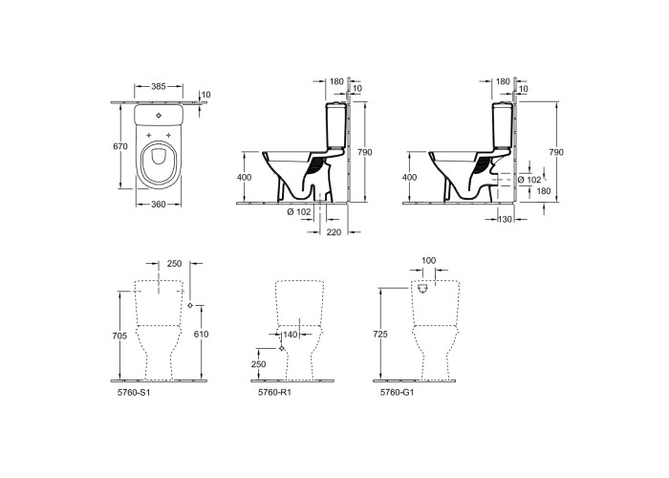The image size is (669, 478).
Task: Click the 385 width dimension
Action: [159, 86]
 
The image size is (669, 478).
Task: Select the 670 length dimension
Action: [120, 146]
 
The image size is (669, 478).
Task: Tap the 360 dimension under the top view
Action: [159, 205]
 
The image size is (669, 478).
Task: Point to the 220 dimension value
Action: [334, 232]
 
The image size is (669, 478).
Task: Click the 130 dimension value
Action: [506, 219]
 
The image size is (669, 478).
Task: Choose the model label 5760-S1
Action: [134, 392]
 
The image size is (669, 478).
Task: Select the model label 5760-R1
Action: [274, 392]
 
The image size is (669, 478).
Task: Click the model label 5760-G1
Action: [398, 392]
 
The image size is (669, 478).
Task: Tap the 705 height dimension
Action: [120, 336]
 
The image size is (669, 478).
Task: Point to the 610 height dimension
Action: [201, 334]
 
